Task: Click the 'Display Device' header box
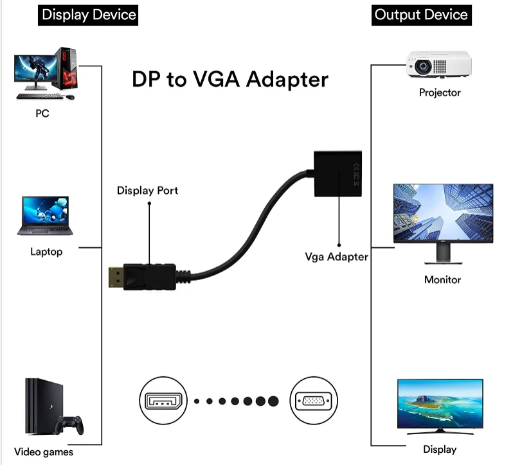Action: click(x=89, y=13)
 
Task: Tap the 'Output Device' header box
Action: click(x=421, y=13)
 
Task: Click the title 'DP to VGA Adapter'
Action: click(x=230, y=79)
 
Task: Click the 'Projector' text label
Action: click(x=440, y=92)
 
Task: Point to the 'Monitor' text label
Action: click(x=442, y=279)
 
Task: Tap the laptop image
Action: click(x=46, y=216)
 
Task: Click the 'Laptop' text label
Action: click(x=46, y=251)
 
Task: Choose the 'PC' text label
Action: click(x=42, y=114)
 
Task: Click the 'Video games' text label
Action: click(x=44, y=452)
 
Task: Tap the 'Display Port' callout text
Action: click(x=147, y=191)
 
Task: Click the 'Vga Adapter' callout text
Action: click(x=336, y=257)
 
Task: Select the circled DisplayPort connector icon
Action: click(x=161, y=401)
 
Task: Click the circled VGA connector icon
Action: click(x=314, y=401)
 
